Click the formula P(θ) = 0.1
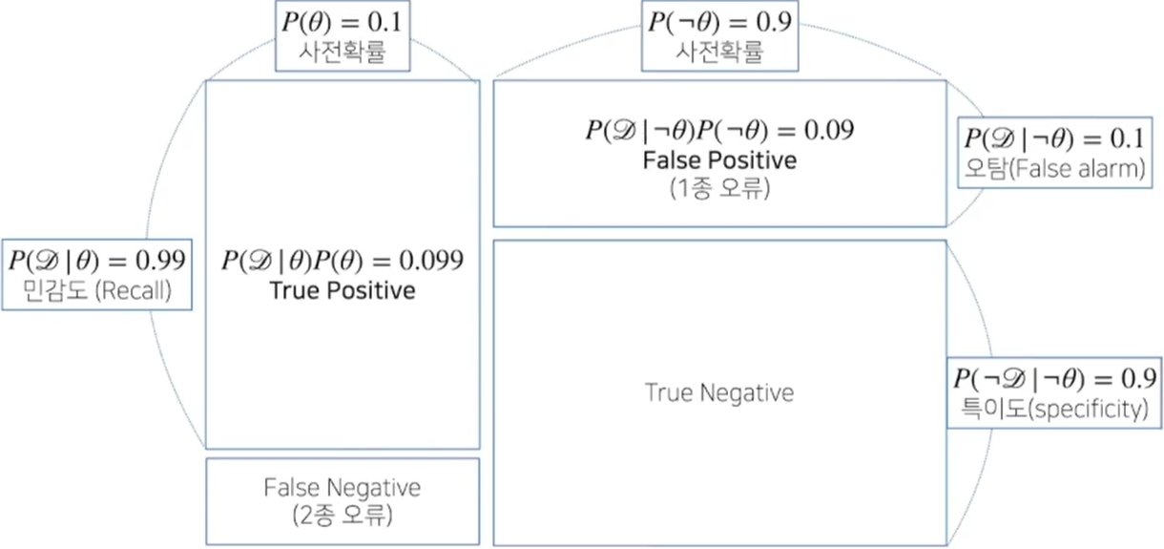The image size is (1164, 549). pyautogui.click(x=343, y=21)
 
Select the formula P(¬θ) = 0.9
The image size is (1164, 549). pyautogui.click(x=718, y=21)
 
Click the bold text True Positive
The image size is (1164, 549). pyautogui.click(x=343, y=290)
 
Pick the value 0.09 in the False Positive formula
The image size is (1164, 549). pyautogui.click(x=827, y=130)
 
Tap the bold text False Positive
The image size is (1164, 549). pyautogui.click(x=719, y=159)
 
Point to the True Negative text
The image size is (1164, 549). pyautogui.click(x=719, y=391)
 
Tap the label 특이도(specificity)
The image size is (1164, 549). pyautogui.click(x=1054, y=410)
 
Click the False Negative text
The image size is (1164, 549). pyautogui.click(x=343, y=488)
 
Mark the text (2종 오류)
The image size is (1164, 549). pyautogui.click(x=343, y=516)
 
